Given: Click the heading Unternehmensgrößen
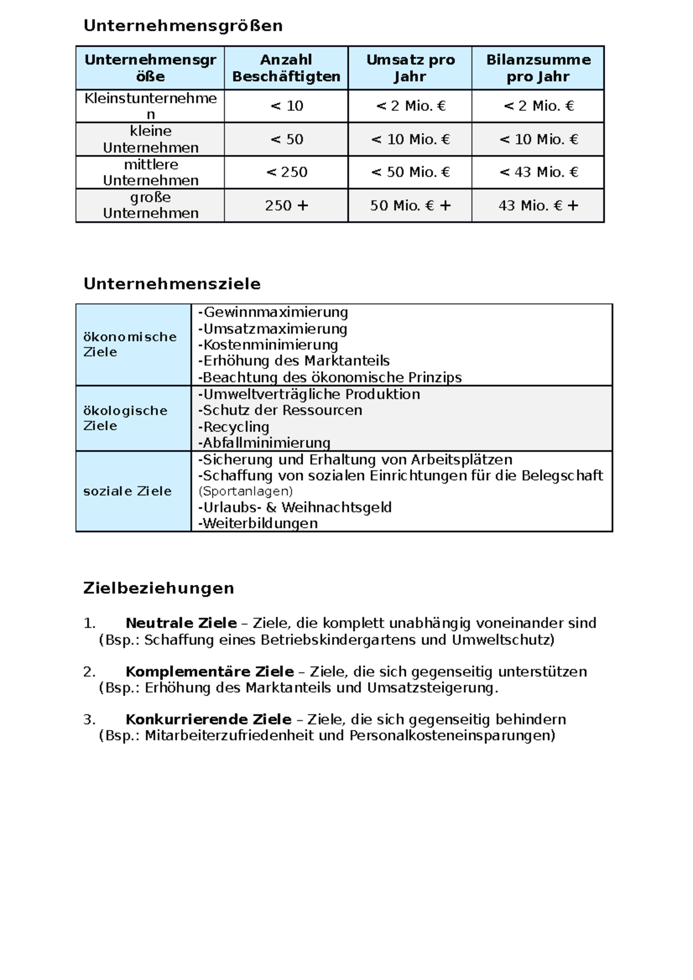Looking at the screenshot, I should (183, 26).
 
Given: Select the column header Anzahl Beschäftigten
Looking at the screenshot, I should (286, 68).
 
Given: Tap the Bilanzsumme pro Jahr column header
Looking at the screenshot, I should (538, 68).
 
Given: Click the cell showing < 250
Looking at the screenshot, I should (286, 172).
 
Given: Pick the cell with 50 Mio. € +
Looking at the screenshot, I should (410, 205).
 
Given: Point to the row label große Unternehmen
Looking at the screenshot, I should (150, 205).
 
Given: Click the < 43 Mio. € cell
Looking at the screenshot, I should (538, 172).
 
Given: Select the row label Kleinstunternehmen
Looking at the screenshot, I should (150, 106).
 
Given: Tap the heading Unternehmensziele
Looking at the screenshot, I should (172, 284).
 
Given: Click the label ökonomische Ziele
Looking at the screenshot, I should (130, 345).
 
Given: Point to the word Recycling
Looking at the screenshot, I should (236, 427).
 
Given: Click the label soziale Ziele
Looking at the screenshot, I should (128, 491).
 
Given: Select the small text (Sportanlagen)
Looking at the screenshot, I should (245, 491).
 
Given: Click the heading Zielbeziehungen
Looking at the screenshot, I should (159, 588).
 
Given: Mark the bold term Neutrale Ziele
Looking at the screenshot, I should (181, 623).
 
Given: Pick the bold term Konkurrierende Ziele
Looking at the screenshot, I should (208, 720).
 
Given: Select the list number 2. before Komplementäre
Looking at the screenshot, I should (89, 672).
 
